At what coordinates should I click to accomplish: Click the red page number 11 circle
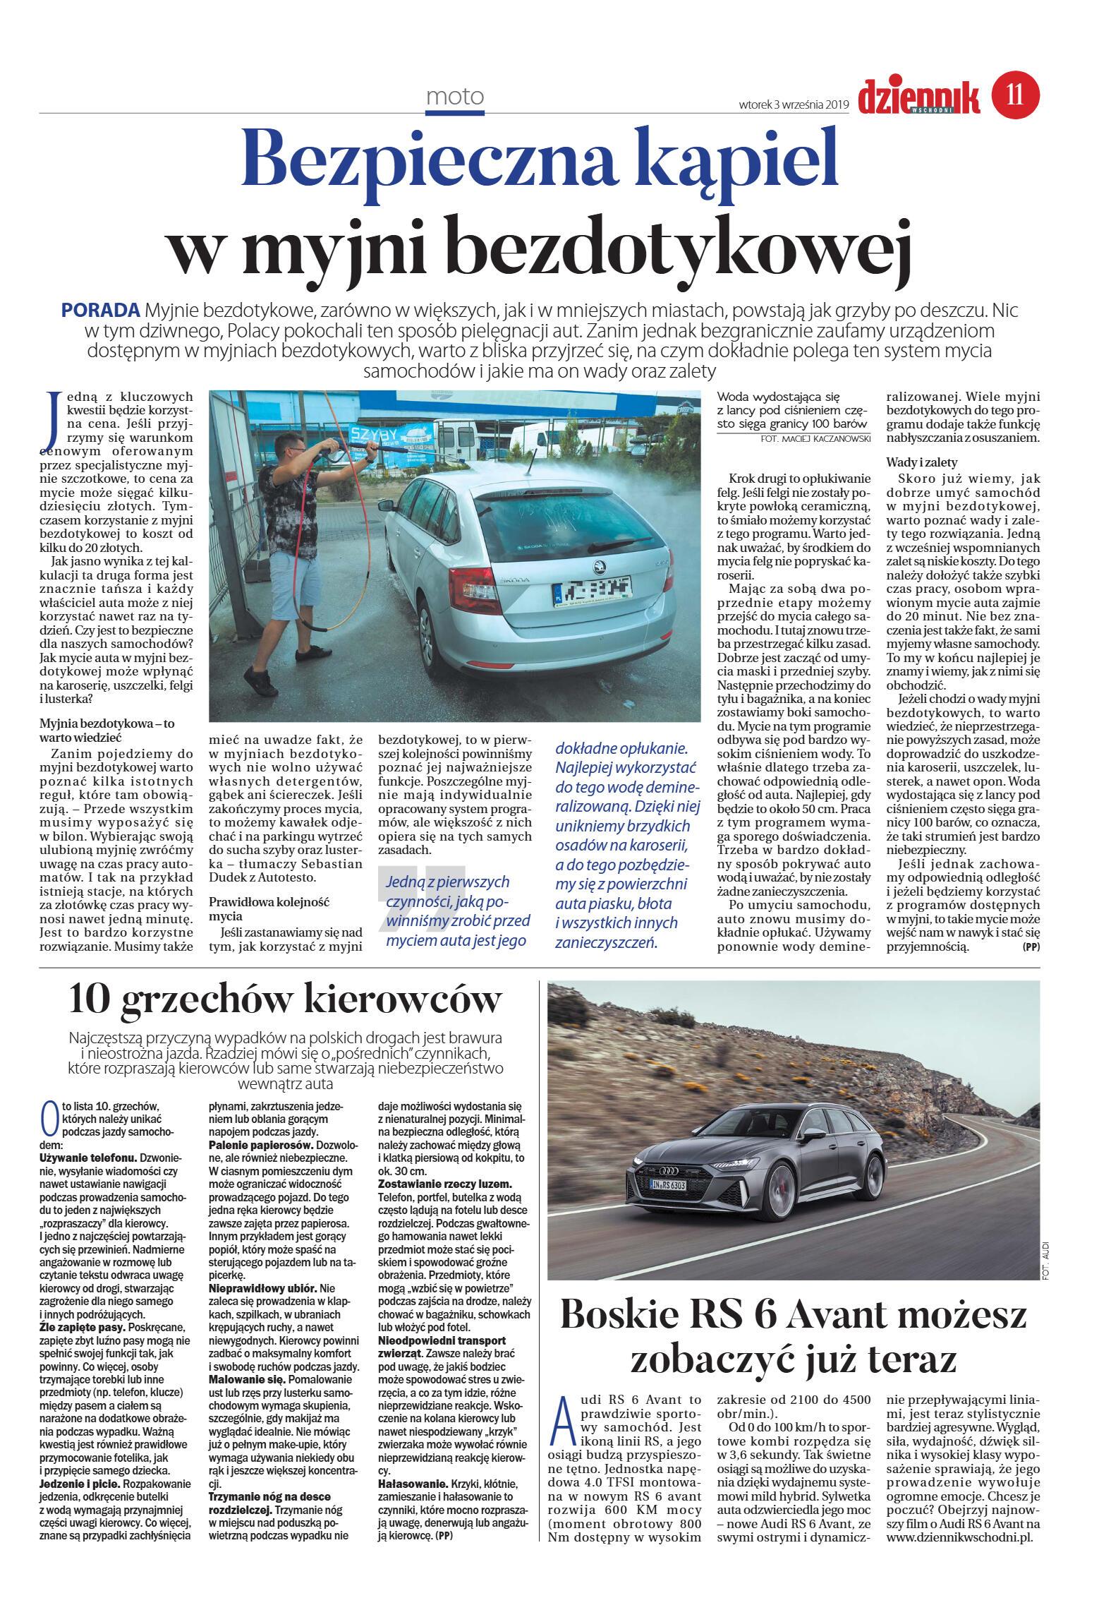[1015, 95]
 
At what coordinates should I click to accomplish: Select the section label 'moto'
[455, 97]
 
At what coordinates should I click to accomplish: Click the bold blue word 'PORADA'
[101, 310]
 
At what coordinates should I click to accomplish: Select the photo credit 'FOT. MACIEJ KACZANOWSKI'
[815, 438]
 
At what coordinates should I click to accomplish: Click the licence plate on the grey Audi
[667, 1185]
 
